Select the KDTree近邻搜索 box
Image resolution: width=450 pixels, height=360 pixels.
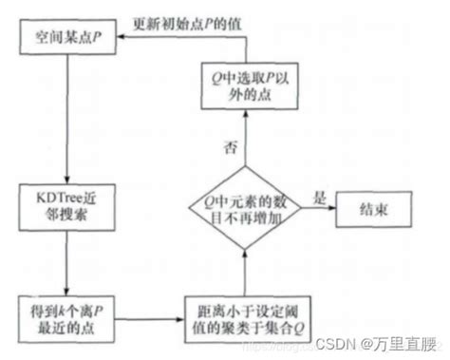63,210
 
